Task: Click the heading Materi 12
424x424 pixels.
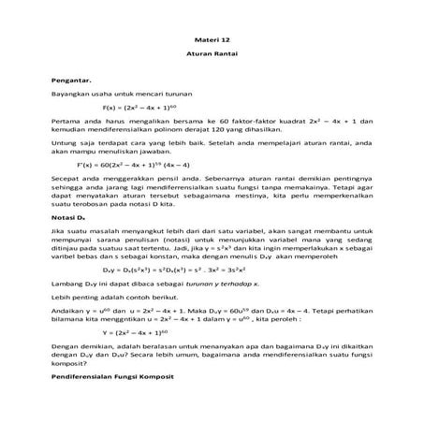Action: pos(211,42)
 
